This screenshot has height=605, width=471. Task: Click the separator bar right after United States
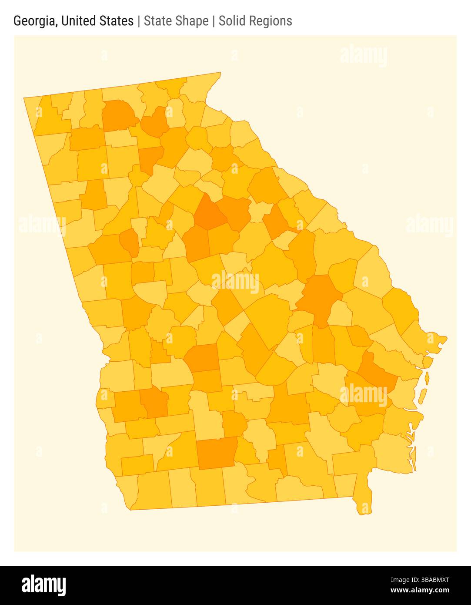[139, 21]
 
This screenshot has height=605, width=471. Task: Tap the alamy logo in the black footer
[43, 585]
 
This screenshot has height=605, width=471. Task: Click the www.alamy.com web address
[420, 591]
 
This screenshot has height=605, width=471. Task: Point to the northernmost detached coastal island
[427, 378]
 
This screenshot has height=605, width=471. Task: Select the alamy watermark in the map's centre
[235, 282]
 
